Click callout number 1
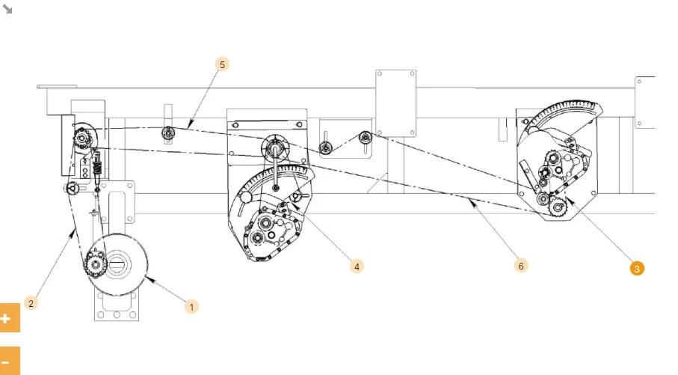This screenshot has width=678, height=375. [x=191, y=307]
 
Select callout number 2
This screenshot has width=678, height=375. [x=31, y=303]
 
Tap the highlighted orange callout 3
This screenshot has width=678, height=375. [x=636, y=269]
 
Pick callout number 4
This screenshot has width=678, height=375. [x=357, y=266]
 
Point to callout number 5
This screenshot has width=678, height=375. [x=222, y=64]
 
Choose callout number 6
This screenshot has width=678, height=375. [x=521, y=266]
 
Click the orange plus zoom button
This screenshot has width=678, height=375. [x=9, y=318]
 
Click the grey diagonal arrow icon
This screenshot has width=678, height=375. [x=7, y=9]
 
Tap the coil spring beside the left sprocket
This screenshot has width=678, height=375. [x=98, y=164]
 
